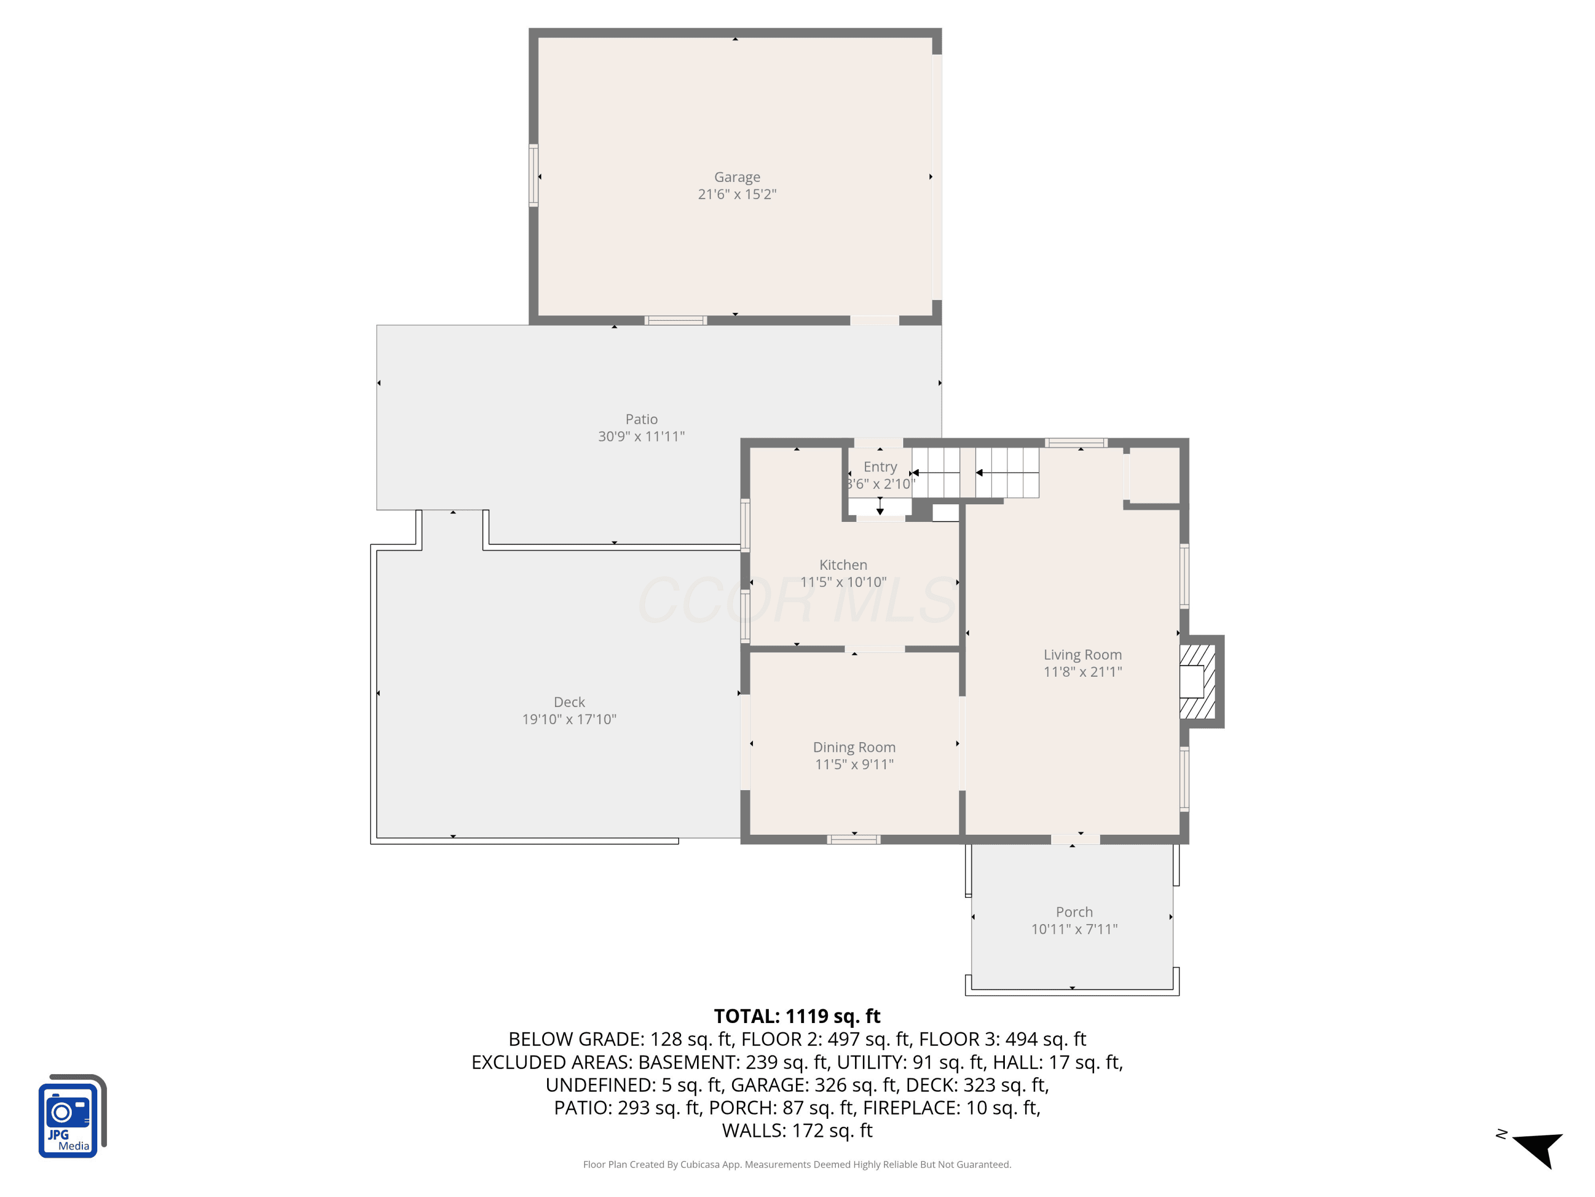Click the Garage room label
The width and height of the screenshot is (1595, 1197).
(x=737, y=177)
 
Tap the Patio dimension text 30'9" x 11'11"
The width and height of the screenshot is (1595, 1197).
(x=641, y=436)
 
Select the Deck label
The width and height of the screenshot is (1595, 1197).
(x=569, y=702)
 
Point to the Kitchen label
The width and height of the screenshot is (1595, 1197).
(x=843, y=565)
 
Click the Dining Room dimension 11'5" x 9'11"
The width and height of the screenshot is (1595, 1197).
(x=854, y=764)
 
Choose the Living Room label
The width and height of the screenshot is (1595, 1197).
(x=1082, y=654)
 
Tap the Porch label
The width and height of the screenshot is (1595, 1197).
(x=1073, y=912)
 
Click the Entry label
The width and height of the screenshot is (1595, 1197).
(x=880, y=467)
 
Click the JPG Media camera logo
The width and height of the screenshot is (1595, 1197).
(x=72, y=1116)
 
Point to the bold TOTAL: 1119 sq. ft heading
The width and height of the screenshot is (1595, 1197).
(x=797, y=1016)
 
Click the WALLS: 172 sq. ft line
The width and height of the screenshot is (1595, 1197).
(x=797, y=1130)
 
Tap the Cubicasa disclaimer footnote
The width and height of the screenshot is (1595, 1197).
(x=797, y=1165)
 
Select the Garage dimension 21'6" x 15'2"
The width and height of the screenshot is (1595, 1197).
(x=737, y=194)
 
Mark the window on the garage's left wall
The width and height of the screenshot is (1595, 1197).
(x=534, y=176)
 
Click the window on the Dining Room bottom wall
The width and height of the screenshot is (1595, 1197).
(x=853, y=839)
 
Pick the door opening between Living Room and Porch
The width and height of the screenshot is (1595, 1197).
(x=1075, y=839)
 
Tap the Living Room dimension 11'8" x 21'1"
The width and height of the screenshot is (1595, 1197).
(x=1082, y=672)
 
